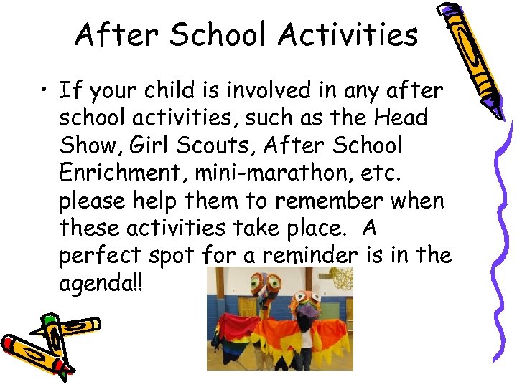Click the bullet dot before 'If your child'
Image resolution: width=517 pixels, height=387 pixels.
click(x=45, y=91)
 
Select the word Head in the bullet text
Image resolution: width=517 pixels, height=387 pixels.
click(x=401, y=118)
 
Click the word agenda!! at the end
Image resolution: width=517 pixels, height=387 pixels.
click(x=101, y=282)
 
